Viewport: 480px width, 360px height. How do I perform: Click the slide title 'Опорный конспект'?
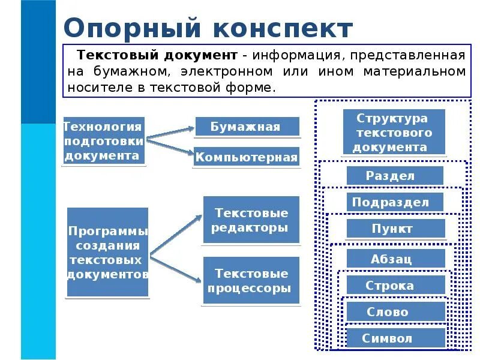(208, 29)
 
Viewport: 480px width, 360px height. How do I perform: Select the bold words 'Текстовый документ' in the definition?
(157, 56)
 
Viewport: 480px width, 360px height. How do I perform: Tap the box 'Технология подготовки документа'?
(104, 142)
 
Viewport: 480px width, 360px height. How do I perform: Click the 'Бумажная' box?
(247, 127)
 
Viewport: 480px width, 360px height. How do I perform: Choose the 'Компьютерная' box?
(247, 158)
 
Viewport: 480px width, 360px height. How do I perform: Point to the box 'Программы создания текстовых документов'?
(108, 253)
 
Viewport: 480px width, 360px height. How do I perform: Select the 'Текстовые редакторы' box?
(251, 220)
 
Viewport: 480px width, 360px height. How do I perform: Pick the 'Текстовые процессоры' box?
(251, 281)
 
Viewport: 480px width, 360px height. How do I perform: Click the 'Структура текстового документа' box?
(394, 133)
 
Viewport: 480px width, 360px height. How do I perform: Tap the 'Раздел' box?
(395, 176)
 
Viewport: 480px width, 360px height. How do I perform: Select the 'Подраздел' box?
(395, 202)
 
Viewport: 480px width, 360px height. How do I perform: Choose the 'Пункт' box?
(396, 229)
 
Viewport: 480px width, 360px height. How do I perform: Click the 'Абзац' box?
(396, 259)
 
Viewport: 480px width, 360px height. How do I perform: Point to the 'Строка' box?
(396, 286)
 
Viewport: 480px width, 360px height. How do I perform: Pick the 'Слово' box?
(396, 312)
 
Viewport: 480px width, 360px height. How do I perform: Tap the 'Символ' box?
(396, 338)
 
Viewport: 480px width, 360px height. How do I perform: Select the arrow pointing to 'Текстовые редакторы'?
(177, 234)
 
